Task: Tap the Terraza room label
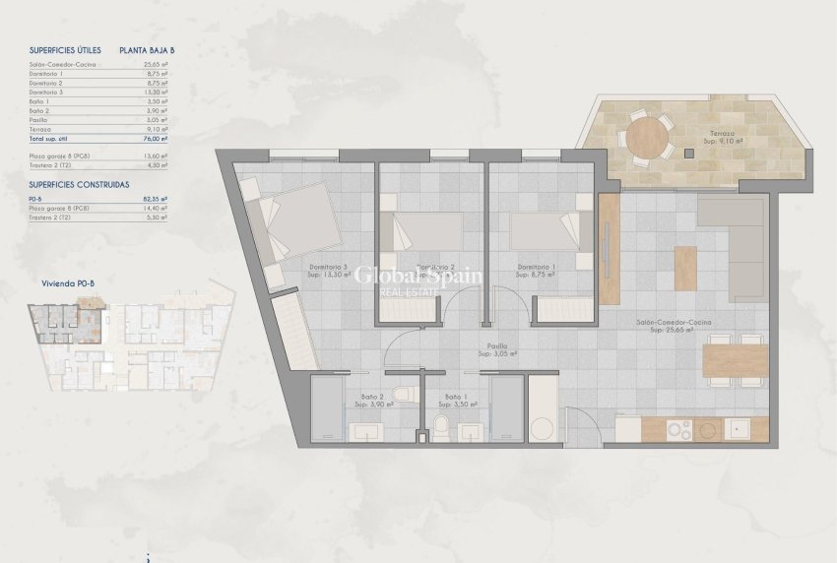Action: tap(707, 135)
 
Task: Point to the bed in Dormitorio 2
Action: tap(426, 232)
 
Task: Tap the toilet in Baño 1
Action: tap(442, 426)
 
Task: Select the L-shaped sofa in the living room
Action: tap(734, 246)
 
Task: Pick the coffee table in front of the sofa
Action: tap(685, 267)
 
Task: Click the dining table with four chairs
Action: tap(737, 361)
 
